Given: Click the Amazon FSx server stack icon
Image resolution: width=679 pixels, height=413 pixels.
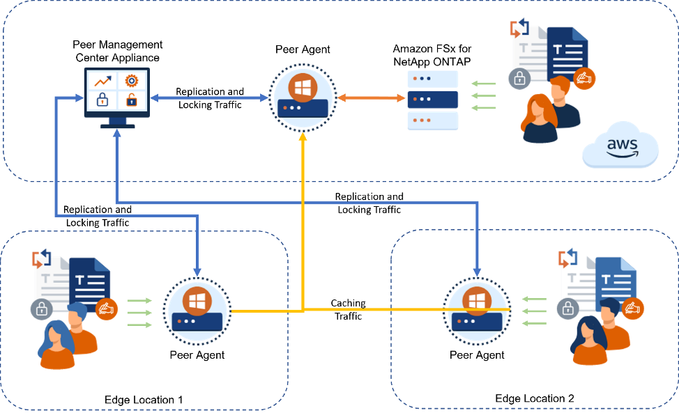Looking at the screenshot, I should (433, 100).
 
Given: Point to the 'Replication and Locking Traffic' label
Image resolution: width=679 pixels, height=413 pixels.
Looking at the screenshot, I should (210, 98).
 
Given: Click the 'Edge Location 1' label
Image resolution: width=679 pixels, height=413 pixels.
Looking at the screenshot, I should (144, 400).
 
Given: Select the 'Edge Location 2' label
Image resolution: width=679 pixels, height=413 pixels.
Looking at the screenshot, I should (535, 398).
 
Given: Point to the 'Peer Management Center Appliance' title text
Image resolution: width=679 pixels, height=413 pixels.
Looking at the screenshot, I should (117, 51).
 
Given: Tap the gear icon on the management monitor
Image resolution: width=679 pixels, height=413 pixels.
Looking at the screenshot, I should (131, 81).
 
